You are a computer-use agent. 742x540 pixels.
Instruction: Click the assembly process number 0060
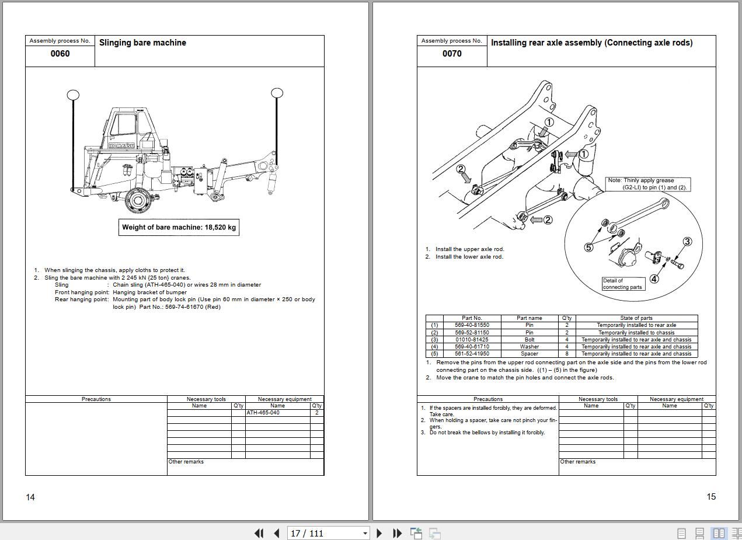coord(60,54)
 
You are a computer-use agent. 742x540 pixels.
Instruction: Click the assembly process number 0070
coord(452,54)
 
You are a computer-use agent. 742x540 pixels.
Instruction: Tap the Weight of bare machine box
coord(179,227)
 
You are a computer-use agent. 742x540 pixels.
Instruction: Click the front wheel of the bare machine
coord(138,200)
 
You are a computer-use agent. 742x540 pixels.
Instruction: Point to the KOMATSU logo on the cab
coord(121,146)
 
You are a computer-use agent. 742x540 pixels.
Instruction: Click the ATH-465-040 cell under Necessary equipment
coord(277,413)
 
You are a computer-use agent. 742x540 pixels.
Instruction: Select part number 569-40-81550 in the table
coord(472,325)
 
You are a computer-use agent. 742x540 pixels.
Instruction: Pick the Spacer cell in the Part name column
coord(529,354)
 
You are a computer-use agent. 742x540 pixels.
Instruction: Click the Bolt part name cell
coord(529,340)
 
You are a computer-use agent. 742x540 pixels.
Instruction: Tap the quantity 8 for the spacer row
coord(567,354)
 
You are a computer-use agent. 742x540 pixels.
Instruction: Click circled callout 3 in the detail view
coord(687,242)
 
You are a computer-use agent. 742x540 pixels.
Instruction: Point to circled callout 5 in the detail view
coord(588,247)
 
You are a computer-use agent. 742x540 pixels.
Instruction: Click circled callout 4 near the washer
coord(654,279)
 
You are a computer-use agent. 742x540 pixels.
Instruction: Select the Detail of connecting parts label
coord(623,284)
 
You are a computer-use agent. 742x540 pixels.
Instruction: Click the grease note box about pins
coord(647,184)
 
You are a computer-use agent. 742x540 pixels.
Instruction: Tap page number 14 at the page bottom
coord(30,497)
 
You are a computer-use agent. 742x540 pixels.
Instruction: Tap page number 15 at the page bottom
coord(711,497)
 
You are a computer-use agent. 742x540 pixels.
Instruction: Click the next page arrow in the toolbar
coord(379,533)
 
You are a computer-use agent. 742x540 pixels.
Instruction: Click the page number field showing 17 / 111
coord(328,533)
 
